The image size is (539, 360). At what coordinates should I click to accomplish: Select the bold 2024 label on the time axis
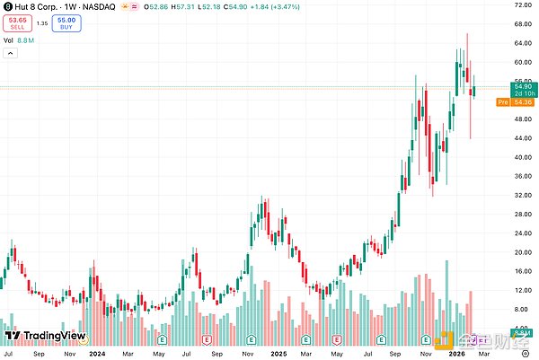(x=97, y=353)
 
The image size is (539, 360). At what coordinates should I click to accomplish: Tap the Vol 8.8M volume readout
(x=19, y=40)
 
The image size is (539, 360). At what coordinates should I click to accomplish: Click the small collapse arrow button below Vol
(x=10, y=54)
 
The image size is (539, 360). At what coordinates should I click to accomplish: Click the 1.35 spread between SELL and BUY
(x=41, y=24)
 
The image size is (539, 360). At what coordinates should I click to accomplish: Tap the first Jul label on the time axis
(x=9, y=353)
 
